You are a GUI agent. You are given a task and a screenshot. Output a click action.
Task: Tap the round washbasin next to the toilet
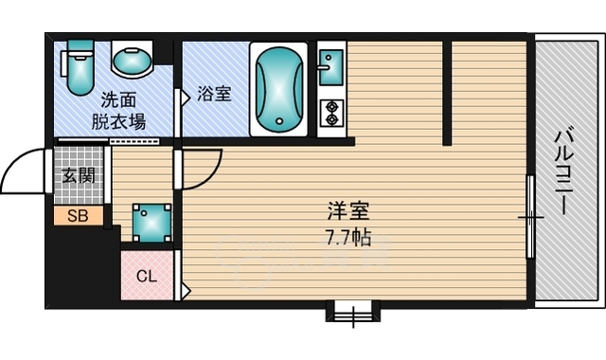133,61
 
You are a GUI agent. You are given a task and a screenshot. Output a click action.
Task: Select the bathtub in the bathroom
278,89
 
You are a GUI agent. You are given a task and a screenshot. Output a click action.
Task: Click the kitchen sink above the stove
331,67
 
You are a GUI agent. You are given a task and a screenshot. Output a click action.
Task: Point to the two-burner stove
331,113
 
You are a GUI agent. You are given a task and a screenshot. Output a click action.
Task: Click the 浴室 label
215,94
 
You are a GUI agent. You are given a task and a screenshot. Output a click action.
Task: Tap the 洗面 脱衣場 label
118,111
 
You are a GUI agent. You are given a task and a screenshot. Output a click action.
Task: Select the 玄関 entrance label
79,176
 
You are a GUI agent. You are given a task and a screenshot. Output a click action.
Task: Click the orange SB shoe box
79,216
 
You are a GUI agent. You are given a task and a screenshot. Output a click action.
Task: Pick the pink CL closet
147,276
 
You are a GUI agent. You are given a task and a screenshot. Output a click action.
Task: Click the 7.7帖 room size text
348,238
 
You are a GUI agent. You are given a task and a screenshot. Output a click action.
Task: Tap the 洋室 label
348,211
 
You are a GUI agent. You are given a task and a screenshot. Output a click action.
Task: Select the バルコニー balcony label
564,172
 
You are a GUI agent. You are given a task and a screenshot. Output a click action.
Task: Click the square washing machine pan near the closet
151,224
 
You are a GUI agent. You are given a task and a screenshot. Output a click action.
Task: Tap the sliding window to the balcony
530,217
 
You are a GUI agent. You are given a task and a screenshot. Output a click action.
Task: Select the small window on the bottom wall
353,312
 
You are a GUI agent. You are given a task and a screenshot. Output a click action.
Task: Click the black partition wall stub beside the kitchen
447,93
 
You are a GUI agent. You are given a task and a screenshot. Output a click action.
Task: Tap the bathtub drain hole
279,121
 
